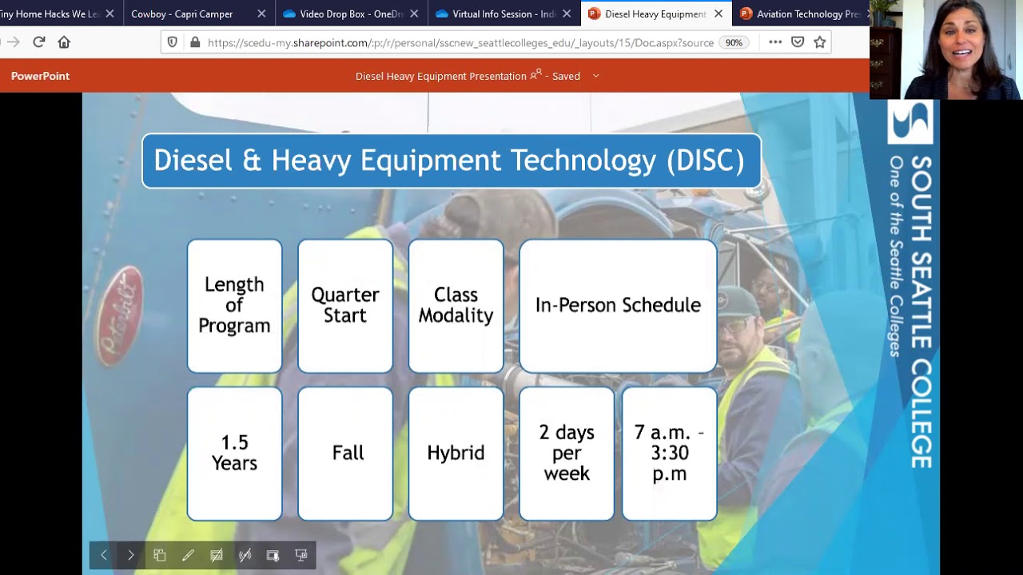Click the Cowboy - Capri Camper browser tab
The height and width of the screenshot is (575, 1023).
pyautogui.click(x=182, y=14)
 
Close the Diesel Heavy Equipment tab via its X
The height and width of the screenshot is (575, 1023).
pyautogui.click(x=718, y=14)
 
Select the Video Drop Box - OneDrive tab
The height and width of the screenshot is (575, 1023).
pyautogui.click(x=344, y=14)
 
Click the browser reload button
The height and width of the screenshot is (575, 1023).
pyautogui.click(x=38, y=42)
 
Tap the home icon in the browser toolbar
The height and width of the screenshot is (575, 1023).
pyautogui.click(x=64, y=42)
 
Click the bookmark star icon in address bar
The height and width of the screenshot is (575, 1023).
pyautogui.click(x=819, y=42)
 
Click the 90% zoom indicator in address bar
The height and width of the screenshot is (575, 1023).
pyautogui.click(x=734, y=43)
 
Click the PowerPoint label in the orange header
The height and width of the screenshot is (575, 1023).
pyautogui.click(x=40, y=76)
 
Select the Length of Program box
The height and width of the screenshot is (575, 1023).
pyautogui.click(x=234, y=305)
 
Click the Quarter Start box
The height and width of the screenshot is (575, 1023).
pyautogui.click(x=345, y=305)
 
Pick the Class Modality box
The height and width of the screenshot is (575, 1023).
pyautogui.click(x=456, y=305)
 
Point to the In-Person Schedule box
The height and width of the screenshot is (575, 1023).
pyautogui.click(x=618, y=305)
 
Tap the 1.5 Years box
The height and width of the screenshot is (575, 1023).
pyautogui.click(x=234, y=453)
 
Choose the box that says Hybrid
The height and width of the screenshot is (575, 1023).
pyautogui.click(x=456, y=453)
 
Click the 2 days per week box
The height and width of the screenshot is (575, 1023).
pyautogui.click(x=567, y=453)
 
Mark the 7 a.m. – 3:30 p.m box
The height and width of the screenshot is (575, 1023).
pyautogui.click(x=669, y=453)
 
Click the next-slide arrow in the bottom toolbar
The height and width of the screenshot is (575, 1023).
pyautogui.click(x=131, y=555)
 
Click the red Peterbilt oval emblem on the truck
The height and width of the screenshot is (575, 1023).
pyautogui.click(x=120, y=315)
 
